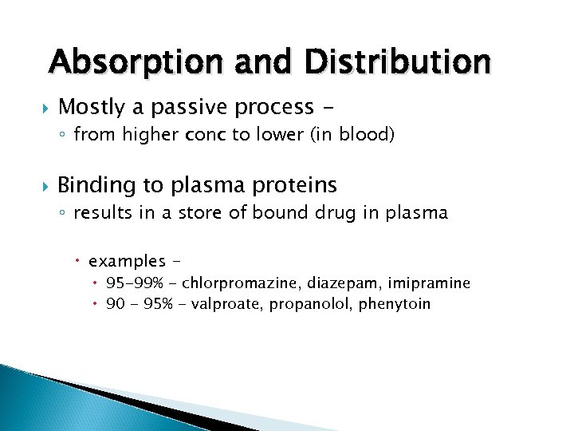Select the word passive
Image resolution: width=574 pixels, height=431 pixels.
[x=195, y=107]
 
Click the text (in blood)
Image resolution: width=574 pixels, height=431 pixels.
[x=354, y=136]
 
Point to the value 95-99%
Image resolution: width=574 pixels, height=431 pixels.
[x=133, y=283]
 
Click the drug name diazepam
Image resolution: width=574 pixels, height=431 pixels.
[x=345, y=283]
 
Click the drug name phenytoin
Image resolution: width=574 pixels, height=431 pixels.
[x=395, y=304]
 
